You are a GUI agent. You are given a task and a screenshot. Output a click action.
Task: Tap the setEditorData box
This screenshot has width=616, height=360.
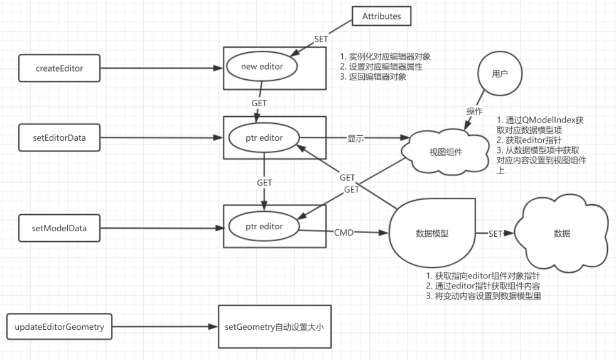pyautogui.click(x=60, y=138)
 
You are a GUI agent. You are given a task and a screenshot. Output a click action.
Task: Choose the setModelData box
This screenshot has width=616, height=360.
pyautogui.click(x=60, y=226)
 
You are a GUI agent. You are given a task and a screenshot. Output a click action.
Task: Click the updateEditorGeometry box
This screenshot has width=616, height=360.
pyautogui.click(x=60, y=327)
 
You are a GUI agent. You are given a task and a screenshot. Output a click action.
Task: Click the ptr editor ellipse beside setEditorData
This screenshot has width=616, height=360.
pyautogui.click(x=264, y=137)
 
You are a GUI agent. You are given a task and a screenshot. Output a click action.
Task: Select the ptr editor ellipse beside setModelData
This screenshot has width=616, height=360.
pyautogui.click(x=264, y=226)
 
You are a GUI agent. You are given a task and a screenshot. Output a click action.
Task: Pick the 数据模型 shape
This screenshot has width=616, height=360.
pyautogui.click(x=432, y=233)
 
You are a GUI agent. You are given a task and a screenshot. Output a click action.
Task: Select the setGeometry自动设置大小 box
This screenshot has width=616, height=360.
pyautogui.click(x=274, y=327)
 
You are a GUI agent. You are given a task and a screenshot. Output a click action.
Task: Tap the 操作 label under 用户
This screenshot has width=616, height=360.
pyautogui.click(x=474, y=111)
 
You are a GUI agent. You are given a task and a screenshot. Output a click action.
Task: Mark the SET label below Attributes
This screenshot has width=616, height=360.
pyautogui.click(x=322, y=39)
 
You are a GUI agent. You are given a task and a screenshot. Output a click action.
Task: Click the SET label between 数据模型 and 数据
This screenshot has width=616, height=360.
pyautogui.click(x=495, y=233)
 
